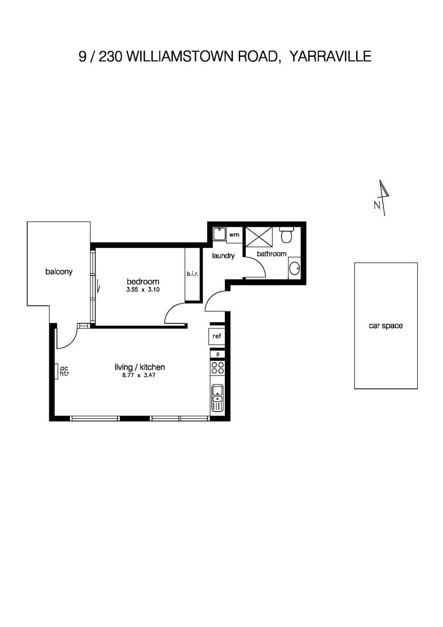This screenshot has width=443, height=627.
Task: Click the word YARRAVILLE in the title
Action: click(330, 56)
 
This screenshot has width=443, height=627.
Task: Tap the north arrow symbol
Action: click(382, 197)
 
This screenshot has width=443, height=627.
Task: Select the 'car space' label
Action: click(386, 325)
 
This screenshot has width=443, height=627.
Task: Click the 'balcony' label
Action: click(59, 272)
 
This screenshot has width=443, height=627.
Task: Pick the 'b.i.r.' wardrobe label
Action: click(192, 275)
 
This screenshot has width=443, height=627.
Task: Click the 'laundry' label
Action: click(223, 255)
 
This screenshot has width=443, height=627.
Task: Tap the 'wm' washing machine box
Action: click(234, 234)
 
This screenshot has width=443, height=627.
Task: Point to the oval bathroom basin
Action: click(295, 268)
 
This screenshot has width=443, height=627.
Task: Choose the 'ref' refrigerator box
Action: click(217, 337)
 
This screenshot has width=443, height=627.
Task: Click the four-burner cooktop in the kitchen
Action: click(218, 368)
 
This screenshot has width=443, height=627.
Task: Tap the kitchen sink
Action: click(218, 397)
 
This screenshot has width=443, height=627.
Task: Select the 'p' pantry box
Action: click(218, 354)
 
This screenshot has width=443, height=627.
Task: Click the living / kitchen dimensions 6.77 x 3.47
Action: click(140, 375)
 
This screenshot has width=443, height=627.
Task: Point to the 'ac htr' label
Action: click(64, 370)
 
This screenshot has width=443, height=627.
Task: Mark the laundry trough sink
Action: click(219, 234)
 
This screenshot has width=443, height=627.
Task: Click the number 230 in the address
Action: click(109, 56)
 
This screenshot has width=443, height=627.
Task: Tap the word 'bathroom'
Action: click(271, 253)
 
